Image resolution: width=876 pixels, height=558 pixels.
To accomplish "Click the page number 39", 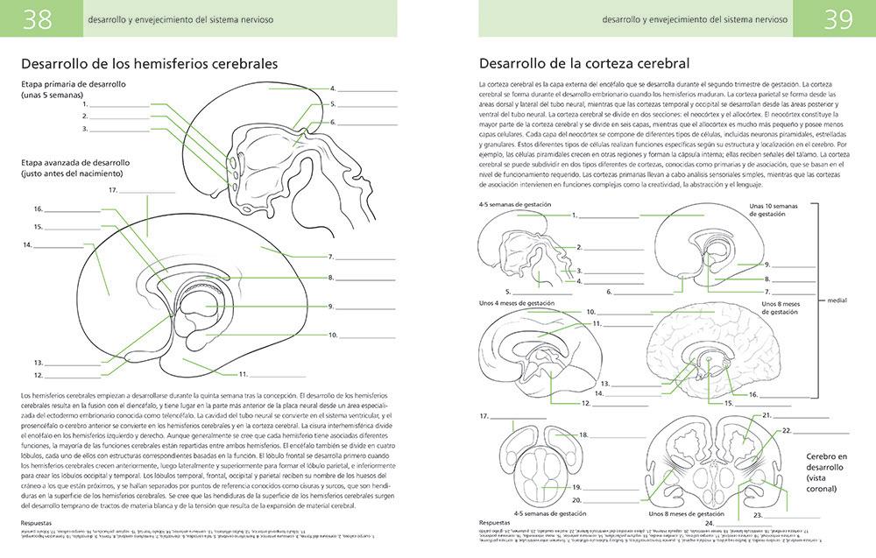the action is (838, 19).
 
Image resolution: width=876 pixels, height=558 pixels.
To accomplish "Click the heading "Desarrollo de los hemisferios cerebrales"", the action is (149, 64).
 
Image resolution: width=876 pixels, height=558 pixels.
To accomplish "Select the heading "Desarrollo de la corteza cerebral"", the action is (584, 64).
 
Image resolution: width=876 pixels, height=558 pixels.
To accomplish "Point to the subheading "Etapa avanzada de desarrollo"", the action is (75, 162).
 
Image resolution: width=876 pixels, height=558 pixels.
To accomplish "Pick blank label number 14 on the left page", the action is (53, 244).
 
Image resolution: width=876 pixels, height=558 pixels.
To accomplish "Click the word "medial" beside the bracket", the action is (837, 300).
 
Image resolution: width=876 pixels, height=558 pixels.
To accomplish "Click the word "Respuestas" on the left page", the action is (39, 522).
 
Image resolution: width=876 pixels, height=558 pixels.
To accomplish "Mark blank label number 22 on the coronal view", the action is (819, 431).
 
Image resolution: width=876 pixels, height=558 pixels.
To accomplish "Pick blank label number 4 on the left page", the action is (359, 88).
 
